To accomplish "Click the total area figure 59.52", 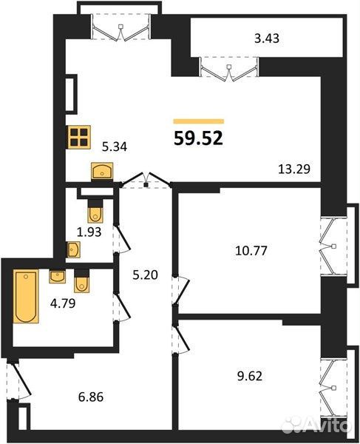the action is click(x=199, y=138).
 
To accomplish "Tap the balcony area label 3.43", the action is click(x=267, y=38).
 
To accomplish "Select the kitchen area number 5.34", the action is click(x=115, y=147).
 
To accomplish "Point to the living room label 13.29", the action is click(x=294, y=169).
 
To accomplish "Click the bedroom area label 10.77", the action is click(x=251, y=251).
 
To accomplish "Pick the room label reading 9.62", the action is click(x=250, y=376).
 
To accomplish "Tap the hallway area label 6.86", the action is click(x=91, y=397).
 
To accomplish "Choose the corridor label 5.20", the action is click(x=146, y=275).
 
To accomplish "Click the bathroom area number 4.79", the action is click(x=63, y=303).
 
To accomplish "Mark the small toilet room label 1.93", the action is click(x=89, y=232).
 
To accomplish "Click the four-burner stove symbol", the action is click(x=78, y=137).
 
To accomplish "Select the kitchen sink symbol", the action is click(x=102, y=171).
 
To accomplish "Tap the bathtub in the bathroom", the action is click(x=26, y=296).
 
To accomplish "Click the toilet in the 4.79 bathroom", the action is click(x=82, y=280).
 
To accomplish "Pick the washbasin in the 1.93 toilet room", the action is click(x=73, y=250).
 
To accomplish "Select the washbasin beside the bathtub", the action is click(x=58, y=277).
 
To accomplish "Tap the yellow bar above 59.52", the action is click(x=199, y=121).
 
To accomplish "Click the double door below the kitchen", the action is click(x=146, y=180).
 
